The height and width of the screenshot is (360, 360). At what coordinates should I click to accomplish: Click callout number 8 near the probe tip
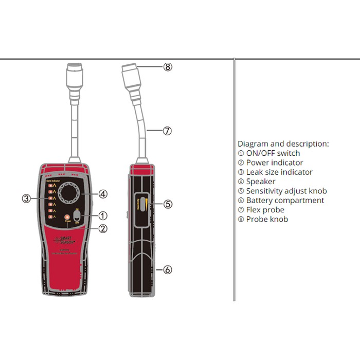[168, 67]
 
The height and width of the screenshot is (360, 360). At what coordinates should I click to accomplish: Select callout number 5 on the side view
[168, 204]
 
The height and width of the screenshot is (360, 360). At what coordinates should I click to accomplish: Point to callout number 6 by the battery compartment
[168, 269]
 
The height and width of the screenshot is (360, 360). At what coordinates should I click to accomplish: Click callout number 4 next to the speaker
[103, 194]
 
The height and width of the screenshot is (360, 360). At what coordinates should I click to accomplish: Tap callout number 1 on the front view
[103, 215]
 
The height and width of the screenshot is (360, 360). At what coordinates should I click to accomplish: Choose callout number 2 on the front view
[103, 229]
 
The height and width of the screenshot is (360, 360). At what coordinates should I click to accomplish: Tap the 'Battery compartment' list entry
[285, 201]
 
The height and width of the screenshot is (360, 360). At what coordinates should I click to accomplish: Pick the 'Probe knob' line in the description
[267, 220]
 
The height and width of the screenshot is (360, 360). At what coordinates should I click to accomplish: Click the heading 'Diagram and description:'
[283, 144]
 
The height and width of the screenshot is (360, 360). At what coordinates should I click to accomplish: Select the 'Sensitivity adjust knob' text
[286, 191]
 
